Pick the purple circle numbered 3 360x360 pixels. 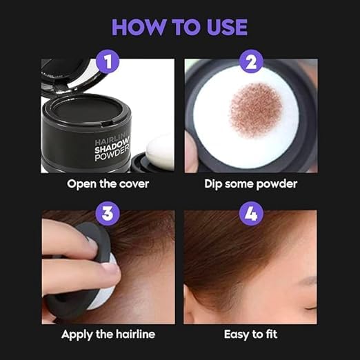point(107,212)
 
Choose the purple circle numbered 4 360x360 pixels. point(250,212)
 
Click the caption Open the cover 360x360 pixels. point(108,184)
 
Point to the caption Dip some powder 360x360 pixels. point(251,184)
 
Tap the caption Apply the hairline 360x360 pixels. point(108,334)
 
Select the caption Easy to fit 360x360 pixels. point(251,334)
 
